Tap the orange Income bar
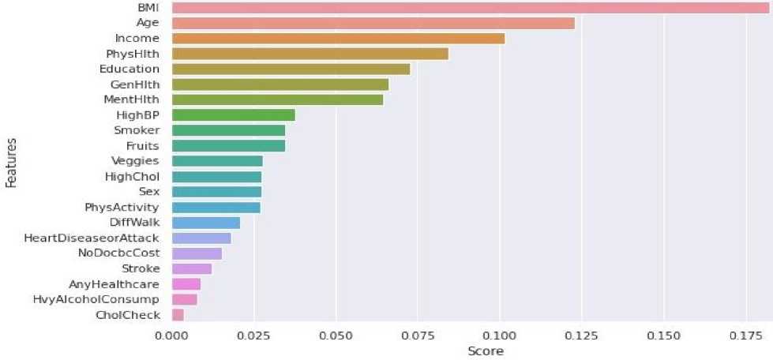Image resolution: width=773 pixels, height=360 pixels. pyautogui.click(x=338, y=38)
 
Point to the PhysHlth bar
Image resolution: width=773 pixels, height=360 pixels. pyautogui.click(x=310, y=54)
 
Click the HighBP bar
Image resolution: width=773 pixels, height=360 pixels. pyautogui.click(x=233, y=115)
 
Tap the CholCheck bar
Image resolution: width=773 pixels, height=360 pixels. pyautogui.click(x=178, y=315)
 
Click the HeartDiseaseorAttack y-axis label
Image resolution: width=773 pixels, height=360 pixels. pyautogui.click(x=92, y=238)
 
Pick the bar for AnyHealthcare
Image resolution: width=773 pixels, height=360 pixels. pyautogui.click(x=186, y=284)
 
